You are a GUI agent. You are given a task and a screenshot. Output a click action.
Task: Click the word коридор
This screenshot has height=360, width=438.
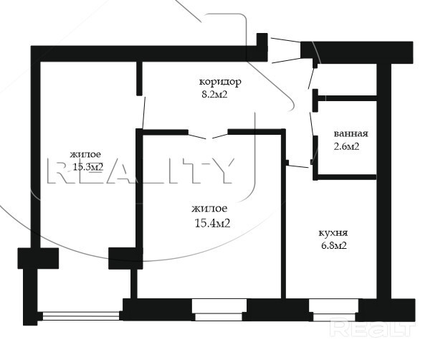click(x=220, y=82)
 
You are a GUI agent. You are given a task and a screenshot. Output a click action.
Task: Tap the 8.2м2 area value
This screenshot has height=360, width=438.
click(x=214, y=95)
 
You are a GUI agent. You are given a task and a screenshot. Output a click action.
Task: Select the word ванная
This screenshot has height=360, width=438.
click(x=351, y=133)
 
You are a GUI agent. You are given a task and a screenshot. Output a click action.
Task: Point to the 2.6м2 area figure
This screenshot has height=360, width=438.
click(x=346, y=146)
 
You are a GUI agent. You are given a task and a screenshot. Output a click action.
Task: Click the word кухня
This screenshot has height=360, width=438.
click(x=333, y=233)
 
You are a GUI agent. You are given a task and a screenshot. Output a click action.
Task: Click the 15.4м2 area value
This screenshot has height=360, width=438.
click(x=212, y=223)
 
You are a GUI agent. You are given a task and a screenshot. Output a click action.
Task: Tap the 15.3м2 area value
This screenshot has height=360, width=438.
click(x=88, y=167)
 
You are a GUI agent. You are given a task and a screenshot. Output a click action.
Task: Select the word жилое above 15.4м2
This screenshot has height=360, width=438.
click(x=209, y=209)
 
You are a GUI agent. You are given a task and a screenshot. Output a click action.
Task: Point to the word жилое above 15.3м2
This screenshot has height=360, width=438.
click(x=85, y=154)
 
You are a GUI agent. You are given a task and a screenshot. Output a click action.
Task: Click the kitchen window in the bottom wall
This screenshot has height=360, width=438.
click(x=334, y=311)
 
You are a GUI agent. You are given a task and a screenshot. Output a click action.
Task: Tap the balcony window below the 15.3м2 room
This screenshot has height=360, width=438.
click(x=81, y=316)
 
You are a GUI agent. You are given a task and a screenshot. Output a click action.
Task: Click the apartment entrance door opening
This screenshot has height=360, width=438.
click(x=284, y=49)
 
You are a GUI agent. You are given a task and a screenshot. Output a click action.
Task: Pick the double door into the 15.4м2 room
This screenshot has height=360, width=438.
click(x=209, y=136)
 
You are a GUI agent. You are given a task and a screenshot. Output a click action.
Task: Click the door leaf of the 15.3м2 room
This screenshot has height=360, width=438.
click(x=144, y=113)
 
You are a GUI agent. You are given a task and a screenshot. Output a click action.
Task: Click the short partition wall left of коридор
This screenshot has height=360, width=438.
click(x=139, y=79)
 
